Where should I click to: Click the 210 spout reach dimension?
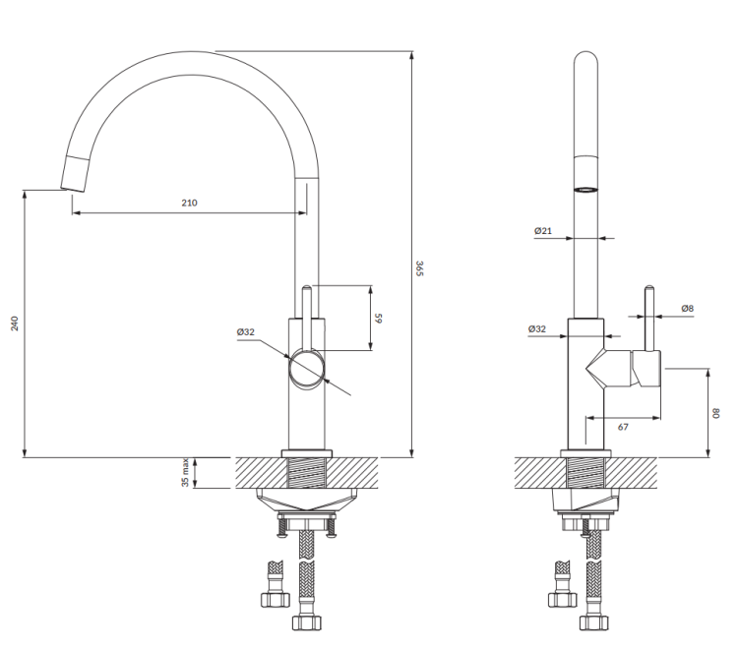(189, 203)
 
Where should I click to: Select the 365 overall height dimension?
(419, 267)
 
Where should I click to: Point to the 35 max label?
(185, 474)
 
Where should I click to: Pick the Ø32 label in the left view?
(245, 332)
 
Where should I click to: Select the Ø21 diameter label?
(542, 231)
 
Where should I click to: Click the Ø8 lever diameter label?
(687, 309)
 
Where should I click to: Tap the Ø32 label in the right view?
(537, 328)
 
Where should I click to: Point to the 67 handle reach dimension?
(623, 427)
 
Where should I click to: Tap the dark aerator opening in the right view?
(586, 187)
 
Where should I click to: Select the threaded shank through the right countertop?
(586, 473)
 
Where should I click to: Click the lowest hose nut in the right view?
(594, 623)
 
